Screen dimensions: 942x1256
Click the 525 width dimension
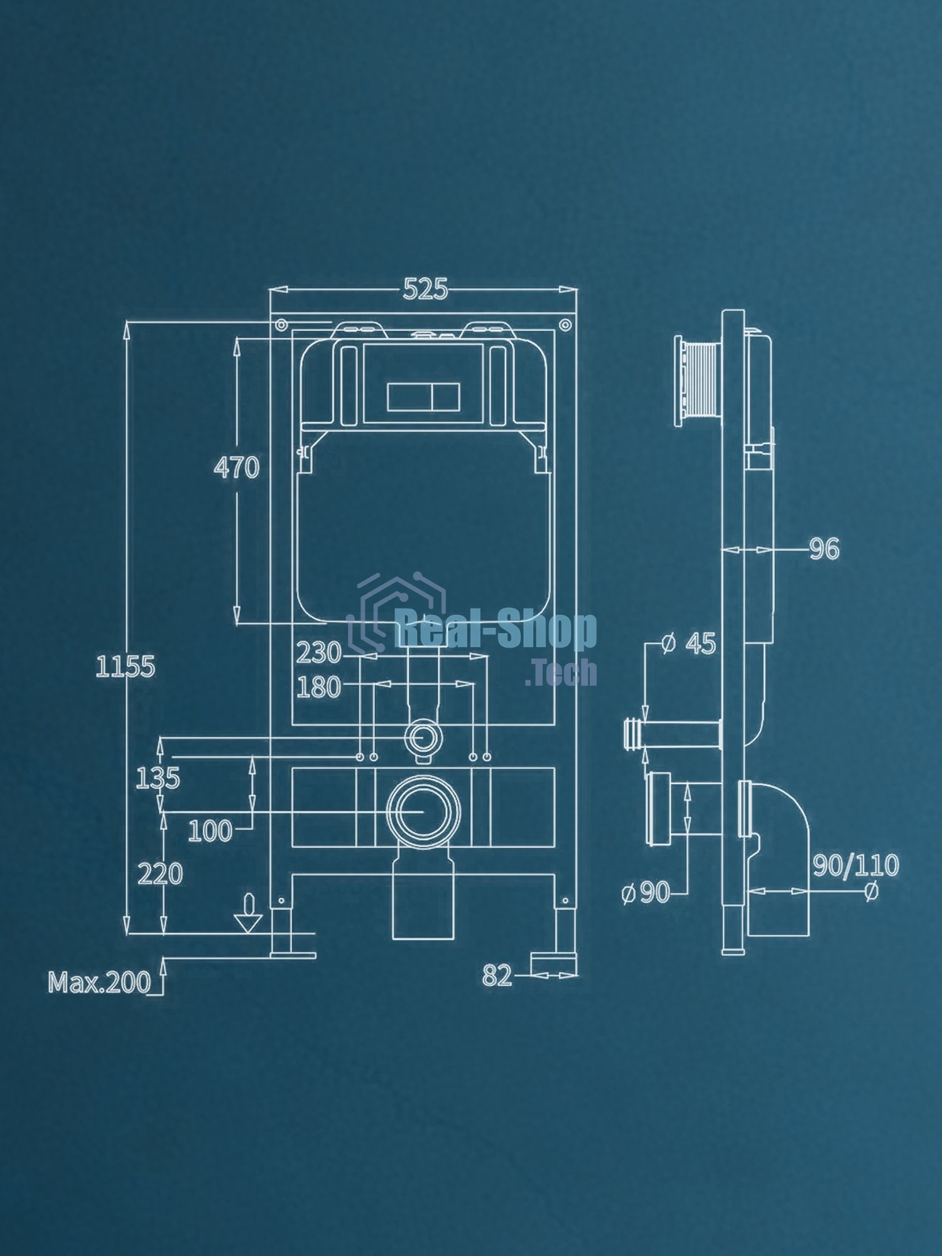click(425, 290)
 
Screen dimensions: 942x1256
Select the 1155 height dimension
click(125, 666)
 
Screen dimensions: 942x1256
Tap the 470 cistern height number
click(236, 467)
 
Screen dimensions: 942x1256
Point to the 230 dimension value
click(318, 653)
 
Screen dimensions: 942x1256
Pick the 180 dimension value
click(318, 688)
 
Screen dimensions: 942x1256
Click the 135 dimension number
click(158, 779)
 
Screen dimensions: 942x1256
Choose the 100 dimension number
click(210, 831)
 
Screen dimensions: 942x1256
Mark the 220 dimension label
click(160, 874)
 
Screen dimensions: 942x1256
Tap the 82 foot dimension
click(497, 975)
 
